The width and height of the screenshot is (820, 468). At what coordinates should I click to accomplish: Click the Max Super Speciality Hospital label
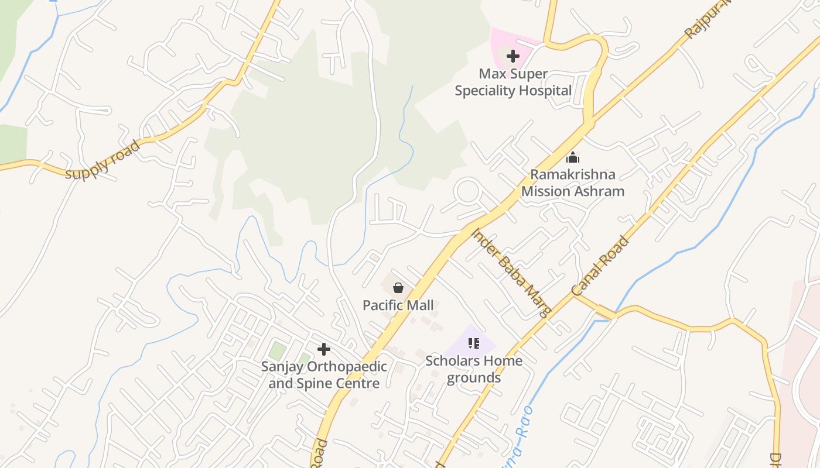513,82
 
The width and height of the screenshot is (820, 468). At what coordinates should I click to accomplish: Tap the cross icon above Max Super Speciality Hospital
513,56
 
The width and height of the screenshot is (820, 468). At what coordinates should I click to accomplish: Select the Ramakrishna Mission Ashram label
572,183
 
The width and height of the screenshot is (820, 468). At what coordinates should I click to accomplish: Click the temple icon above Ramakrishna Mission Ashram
573,157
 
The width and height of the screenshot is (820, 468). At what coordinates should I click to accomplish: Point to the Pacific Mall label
398,305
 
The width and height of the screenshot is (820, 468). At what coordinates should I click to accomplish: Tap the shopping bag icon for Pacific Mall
398,288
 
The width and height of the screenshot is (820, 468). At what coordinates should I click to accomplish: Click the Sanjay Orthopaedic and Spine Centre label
324,375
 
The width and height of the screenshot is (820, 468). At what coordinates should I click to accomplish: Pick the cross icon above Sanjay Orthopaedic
324,349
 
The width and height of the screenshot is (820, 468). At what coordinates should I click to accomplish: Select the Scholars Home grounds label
474,369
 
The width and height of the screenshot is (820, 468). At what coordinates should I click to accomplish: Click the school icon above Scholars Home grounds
474,343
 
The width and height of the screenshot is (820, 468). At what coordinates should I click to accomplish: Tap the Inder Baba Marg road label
511,272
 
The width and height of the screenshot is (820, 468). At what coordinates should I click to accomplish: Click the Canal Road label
601,266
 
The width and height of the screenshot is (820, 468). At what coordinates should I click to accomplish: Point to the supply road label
103,160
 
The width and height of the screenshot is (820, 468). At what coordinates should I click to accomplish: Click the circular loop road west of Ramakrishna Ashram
468,191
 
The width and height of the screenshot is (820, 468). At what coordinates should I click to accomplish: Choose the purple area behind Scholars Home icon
487,340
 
